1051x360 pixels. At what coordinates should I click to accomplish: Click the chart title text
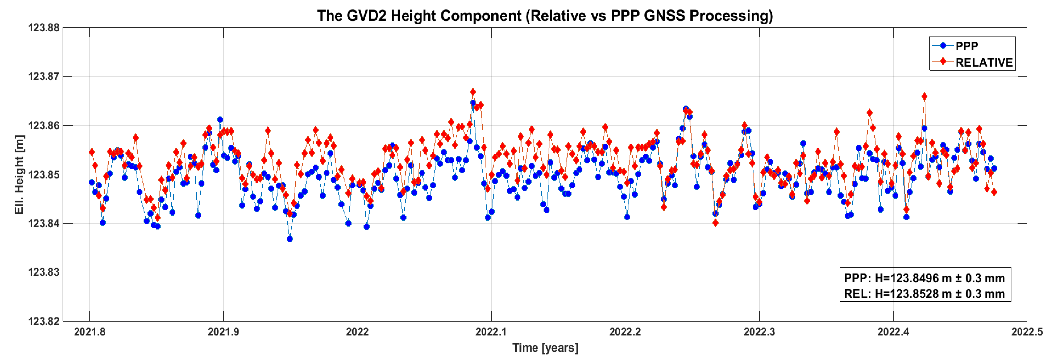click(545, 16)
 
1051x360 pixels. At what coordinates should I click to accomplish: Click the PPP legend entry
click(966, 46)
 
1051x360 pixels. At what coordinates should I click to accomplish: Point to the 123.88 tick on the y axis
click(44, 28)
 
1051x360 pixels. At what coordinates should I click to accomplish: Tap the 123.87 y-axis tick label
click(44, 76)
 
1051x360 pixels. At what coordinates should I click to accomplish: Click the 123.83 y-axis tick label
click(44, 272)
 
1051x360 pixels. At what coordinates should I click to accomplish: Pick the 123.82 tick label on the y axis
click(44, 321)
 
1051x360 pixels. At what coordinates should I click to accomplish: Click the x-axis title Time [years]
click(545, 348)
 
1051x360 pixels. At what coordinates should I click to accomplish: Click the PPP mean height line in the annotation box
click(925, 278)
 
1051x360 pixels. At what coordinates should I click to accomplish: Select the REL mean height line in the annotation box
click(925, 294)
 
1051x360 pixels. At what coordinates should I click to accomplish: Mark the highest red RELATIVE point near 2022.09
click(473, 92)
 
